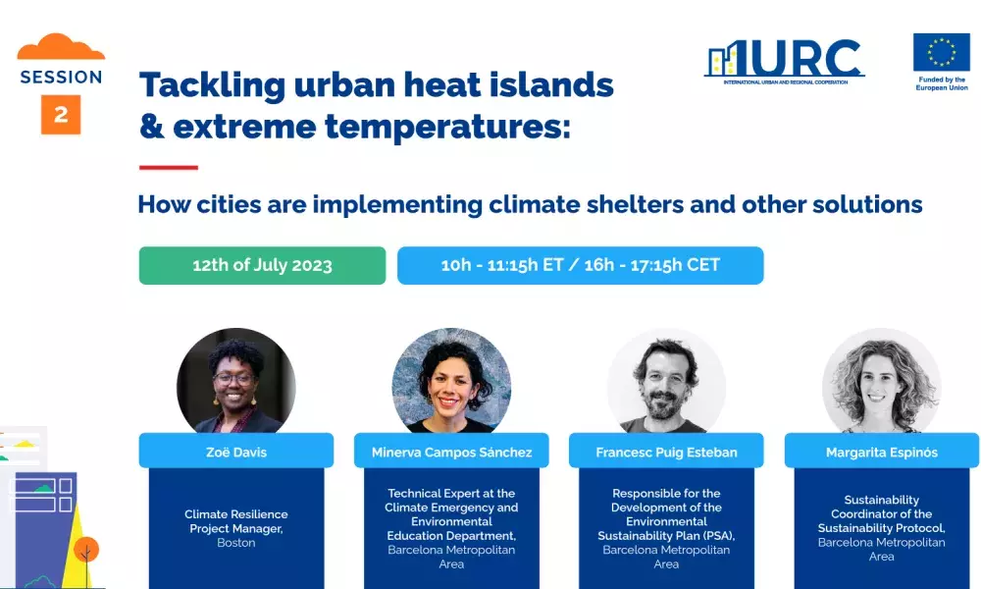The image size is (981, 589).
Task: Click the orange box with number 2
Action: click(x=61, y=115)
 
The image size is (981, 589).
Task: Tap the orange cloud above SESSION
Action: click(x=61, y=47)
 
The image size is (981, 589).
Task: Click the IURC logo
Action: click(x=785, y=61)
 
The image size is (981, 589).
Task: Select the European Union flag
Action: click(x=941, y=52)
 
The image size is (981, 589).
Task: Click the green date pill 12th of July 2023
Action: click(x=262, y=265)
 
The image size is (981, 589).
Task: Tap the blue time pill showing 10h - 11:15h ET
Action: click(x=580, y=265)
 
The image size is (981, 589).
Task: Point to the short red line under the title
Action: click(x=169, y=167)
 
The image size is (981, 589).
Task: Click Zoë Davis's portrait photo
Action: click(x=235, y=381)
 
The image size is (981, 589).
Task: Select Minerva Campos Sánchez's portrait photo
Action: click(x=451, y=381)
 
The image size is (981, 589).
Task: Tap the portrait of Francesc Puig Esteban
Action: click(x=666, y=381)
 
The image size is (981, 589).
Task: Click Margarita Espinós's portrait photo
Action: click(x=882, y=381)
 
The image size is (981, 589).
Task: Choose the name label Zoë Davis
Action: click(x=236, y=451)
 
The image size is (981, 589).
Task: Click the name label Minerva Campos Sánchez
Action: click(x=451, y=451)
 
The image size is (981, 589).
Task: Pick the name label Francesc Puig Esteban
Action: click(x=666, y=451)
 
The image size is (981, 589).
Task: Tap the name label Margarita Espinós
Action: click(x=882, y=451)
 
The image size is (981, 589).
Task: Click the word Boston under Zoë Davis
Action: click(x=235, y=543)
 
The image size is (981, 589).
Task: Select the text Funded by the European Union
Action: click(x=942, y=83)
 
